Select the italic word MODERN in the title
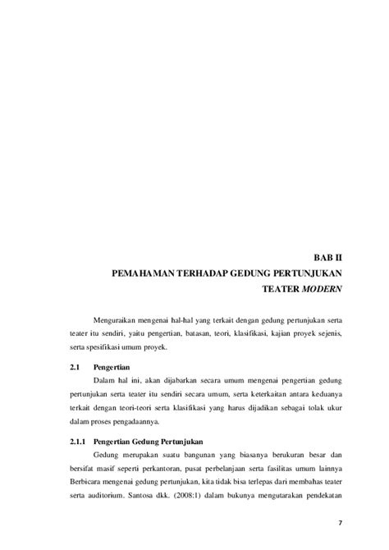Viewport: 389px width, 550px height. coord(323,290)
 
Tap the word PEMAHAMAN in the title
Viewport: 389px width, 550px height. coord(144,273)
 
